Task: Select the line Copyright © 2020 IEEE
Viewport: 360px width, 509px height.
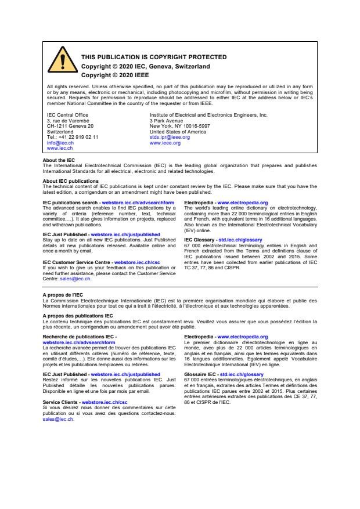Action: coord(114,75)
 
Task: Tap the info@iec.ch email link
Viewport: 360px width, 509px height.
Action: coord(60,142)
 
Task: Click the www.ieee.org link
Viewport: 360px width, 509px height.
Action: coord(165,142)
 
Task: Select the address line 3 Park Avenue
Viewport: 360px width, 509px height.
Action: coord(167,120)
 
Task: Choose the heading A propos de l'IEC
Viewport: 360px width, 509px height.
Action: coord(63,294)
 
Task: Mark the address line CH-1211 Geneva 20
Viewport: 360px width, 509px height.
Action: coord(70,126)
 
